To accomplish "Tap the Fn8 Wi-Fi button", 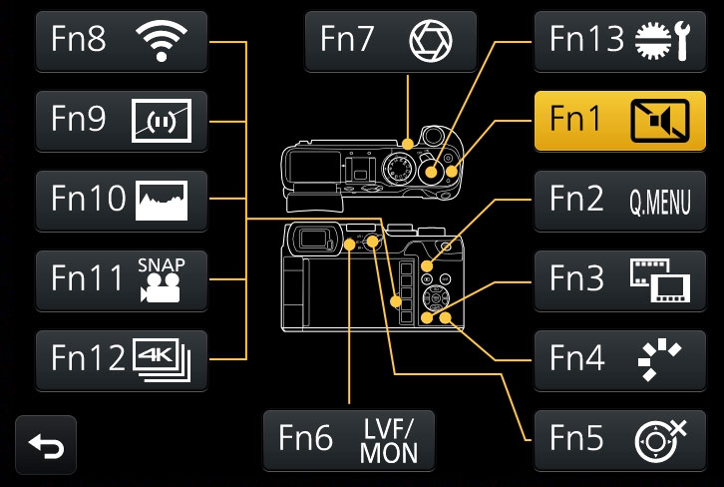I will (122, 41).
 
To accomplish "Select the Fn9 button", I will (122, 121).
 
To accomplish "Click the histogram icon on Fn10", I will (161, 200).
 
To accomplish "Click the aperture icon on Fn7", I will (430, 41).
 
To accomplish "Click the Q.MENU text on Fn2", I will (659, 201).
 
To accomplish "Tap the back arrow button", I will (46, 445).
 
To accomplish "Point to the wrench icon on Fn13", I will (682, 40).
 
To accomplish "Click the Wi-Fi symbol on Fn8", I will (161, 41).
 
